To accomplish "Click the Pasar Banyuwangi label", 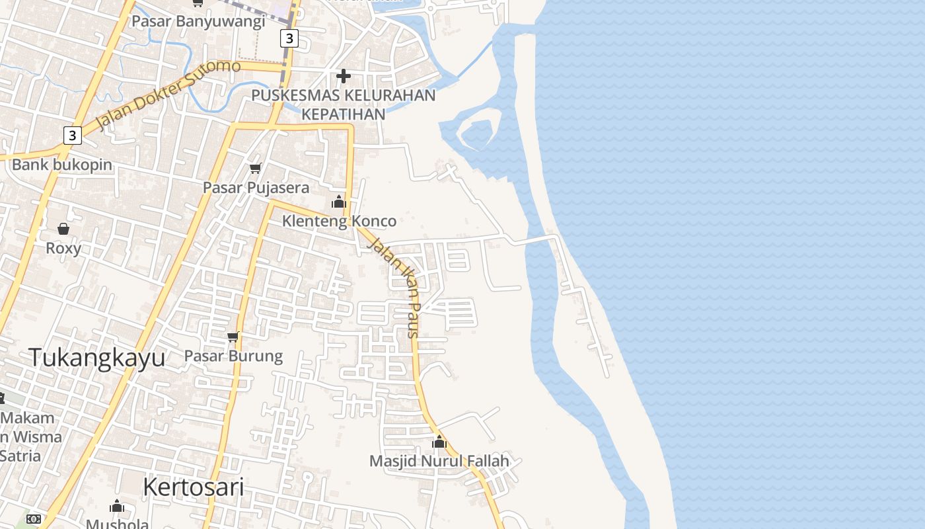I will point(198,21).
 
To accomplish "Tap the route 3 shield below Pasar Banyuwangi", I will point(289,38).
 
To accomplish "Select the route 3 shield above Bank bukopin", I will point(72,136).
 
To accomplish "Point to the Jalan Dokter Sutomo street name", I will point(168,95).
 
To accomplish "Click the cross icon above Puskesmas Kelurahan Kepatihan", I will point(344,75).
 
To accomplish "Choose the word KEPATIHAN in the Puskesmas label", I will point(343,114).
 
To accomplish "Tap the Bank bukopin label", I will point(62,165).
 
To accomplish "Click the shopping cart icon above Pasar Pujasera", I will point(256,168).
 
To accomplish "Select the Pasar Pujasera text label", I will point(256,188).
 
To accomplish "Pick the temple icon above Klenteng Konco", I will point(339,202).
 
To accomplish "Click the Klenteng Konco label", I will point(339,221).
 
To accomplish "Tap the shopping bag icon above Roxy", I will point(63,229).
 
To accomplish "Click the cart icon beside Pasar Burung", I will point(233,337).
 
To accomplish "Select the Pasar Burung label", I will point(233,356).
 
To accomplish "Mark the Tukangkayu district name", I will point(96,358).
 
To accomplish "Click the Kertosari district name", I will point(193,487).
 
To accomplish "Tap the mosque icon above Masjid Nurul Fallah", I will point(439,442).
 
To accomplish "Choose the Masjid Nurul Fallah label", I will point(439,461).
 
